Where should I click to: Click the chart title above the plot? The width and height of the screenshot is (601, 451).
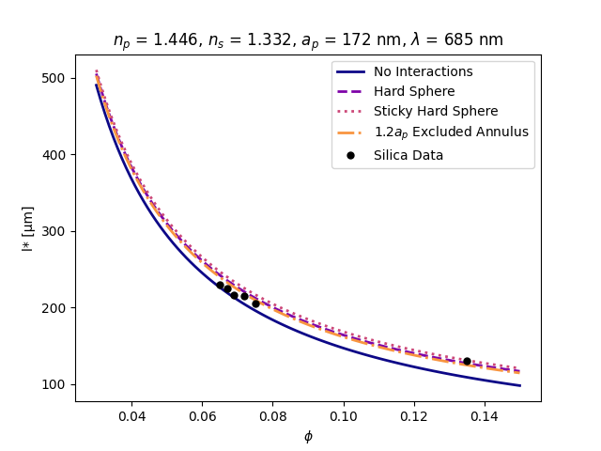click(308, 40)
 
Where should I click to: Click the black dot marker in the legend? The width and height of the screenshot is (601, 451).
click(351, 155)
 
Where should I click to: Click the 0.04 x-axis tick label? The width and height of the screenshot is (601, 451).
click(131, 416)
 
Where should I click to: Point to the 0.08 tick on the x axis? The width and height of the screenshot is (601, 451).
click(273, 416)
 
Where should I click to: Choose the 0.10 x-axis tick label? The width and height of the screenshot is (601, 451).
click(344, 416)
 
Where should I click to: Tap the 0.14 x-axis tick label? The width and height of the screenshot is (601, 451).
click(485, 416)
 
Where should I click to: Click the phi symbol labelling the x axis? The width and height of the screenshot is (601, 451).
click(308, 436)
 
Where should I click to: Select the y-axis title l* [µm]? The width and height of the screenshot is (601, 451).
click(28, 228)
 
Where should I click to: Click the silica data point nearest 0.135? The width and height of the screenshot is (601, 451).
click(467, 361)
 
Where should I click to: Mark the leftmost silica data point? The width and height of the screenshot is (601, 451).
click(220, 285)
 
